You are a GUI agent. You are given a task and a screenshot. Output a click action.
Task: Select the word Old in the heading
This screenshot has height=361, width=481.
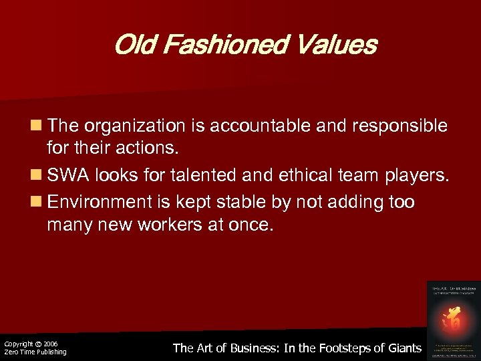132,45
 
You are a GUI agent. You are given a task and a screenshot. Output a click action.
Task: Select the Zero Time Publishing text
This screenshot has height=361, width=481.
35,352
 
